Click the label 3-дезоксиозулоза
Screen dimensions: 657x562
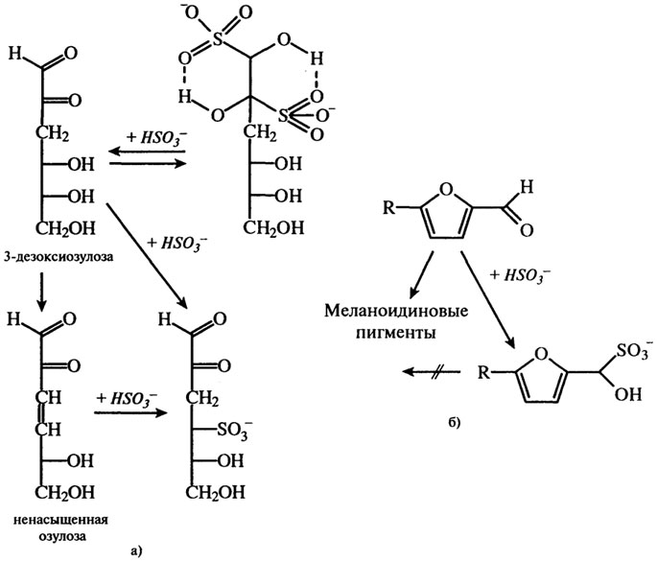(59, 256)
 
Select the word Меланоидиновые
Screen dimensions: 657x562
(396, 312)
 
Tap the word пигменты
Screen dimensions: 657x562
(395, 333)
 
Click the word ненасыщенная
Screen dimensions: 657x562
(60, 520)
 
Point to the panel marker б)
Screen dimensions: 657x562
(455, 423)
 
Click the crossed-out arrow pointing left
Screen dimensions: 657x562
(432, 371)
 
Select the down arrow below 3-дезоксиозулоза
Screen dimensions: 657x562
(41, 293)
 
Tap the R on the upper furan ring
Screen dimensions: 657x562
(389, 207)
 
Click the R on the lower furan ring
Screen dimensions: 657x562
(484, 372)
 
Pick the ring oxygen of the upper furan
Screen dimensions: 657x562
(447, 190)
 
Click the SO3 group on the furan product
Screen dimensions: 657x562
(632, 351)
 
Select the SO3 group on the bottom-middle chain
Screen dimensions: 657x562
(235, 429)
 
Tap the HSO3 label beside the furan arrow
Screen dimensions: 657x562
(520, 275)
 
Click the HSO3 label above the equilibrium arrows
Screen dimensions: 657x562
(156, 137)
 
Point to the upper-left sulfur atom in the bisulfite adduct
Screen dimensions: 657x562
(217, 40)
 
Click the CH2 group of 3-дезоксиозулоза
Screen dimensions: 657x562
(52, 134)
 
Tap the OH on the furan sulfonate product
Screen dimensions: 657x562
(627, 394)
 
